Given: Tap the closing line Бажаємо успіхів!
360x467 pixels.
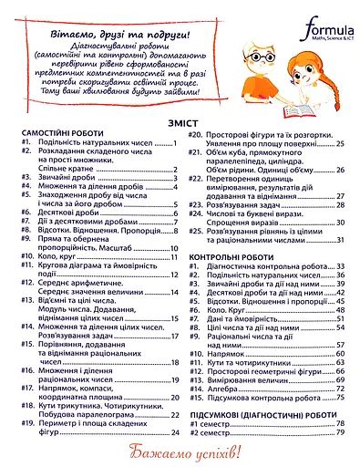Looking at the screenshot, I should coord(179,451).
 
